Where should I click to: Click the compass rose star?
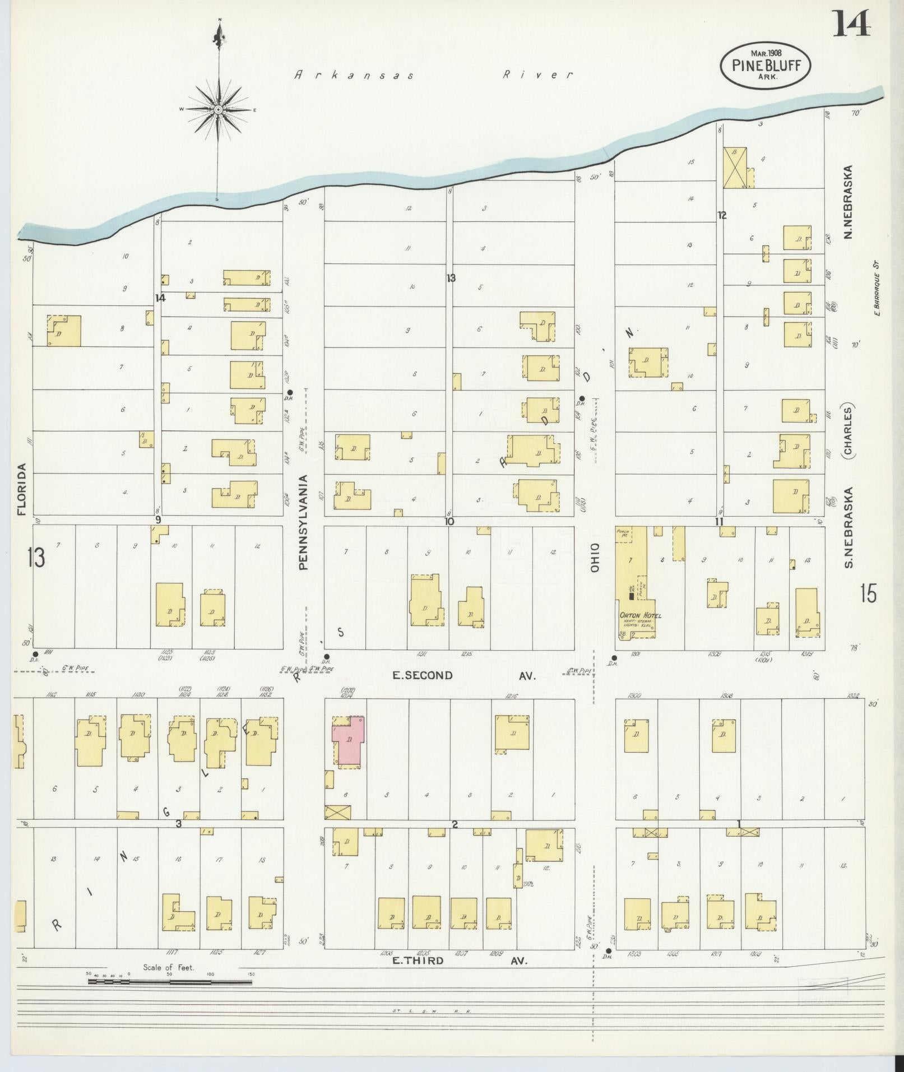pyautogui.click(x=219, y=110)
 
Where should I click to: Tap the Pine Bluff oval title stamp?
pyautogui.click(x=765, y=64)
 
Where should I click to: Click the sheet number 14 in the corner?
pyautogui.click(x=851, y=24)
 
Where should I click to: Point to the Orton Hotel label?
pyautogui.click(x=640, y=615)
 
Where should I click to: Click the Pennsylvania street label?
pyautogui.click(x=304, y=522)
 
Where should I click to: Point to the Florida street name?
pyautogui.click(x=22, y=489)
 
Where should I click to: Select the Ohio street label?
pyautogui.click(x=594, y=557)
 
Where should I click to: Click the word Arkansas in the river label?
pyautogui.click(x=354, y=75)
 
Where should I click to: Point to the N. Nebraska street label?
pyautogui.click(x=849, y=202)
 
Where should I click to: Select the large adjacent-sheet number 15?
pyautogui.click(x=867, y=593)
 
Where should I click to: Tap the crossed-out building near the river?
pyautogui.click(x=735, y=168)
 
